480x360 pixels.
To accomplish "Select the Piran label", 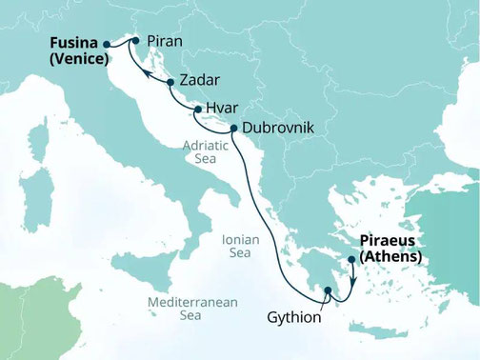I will click(x=165, y=41).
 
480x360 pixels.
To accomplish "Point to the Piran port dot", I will click(x=136, y=40).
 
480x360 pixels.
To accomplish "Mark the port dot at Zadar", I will click(x=170, y=83).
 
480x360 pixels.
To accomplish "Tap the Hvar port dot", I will click(x=197, y=110).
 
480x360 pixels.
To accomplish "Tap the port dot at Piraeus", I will click(x=352, y=259).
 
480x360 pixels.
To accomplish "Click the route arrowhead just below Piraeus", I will click(x=352, y=280).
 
